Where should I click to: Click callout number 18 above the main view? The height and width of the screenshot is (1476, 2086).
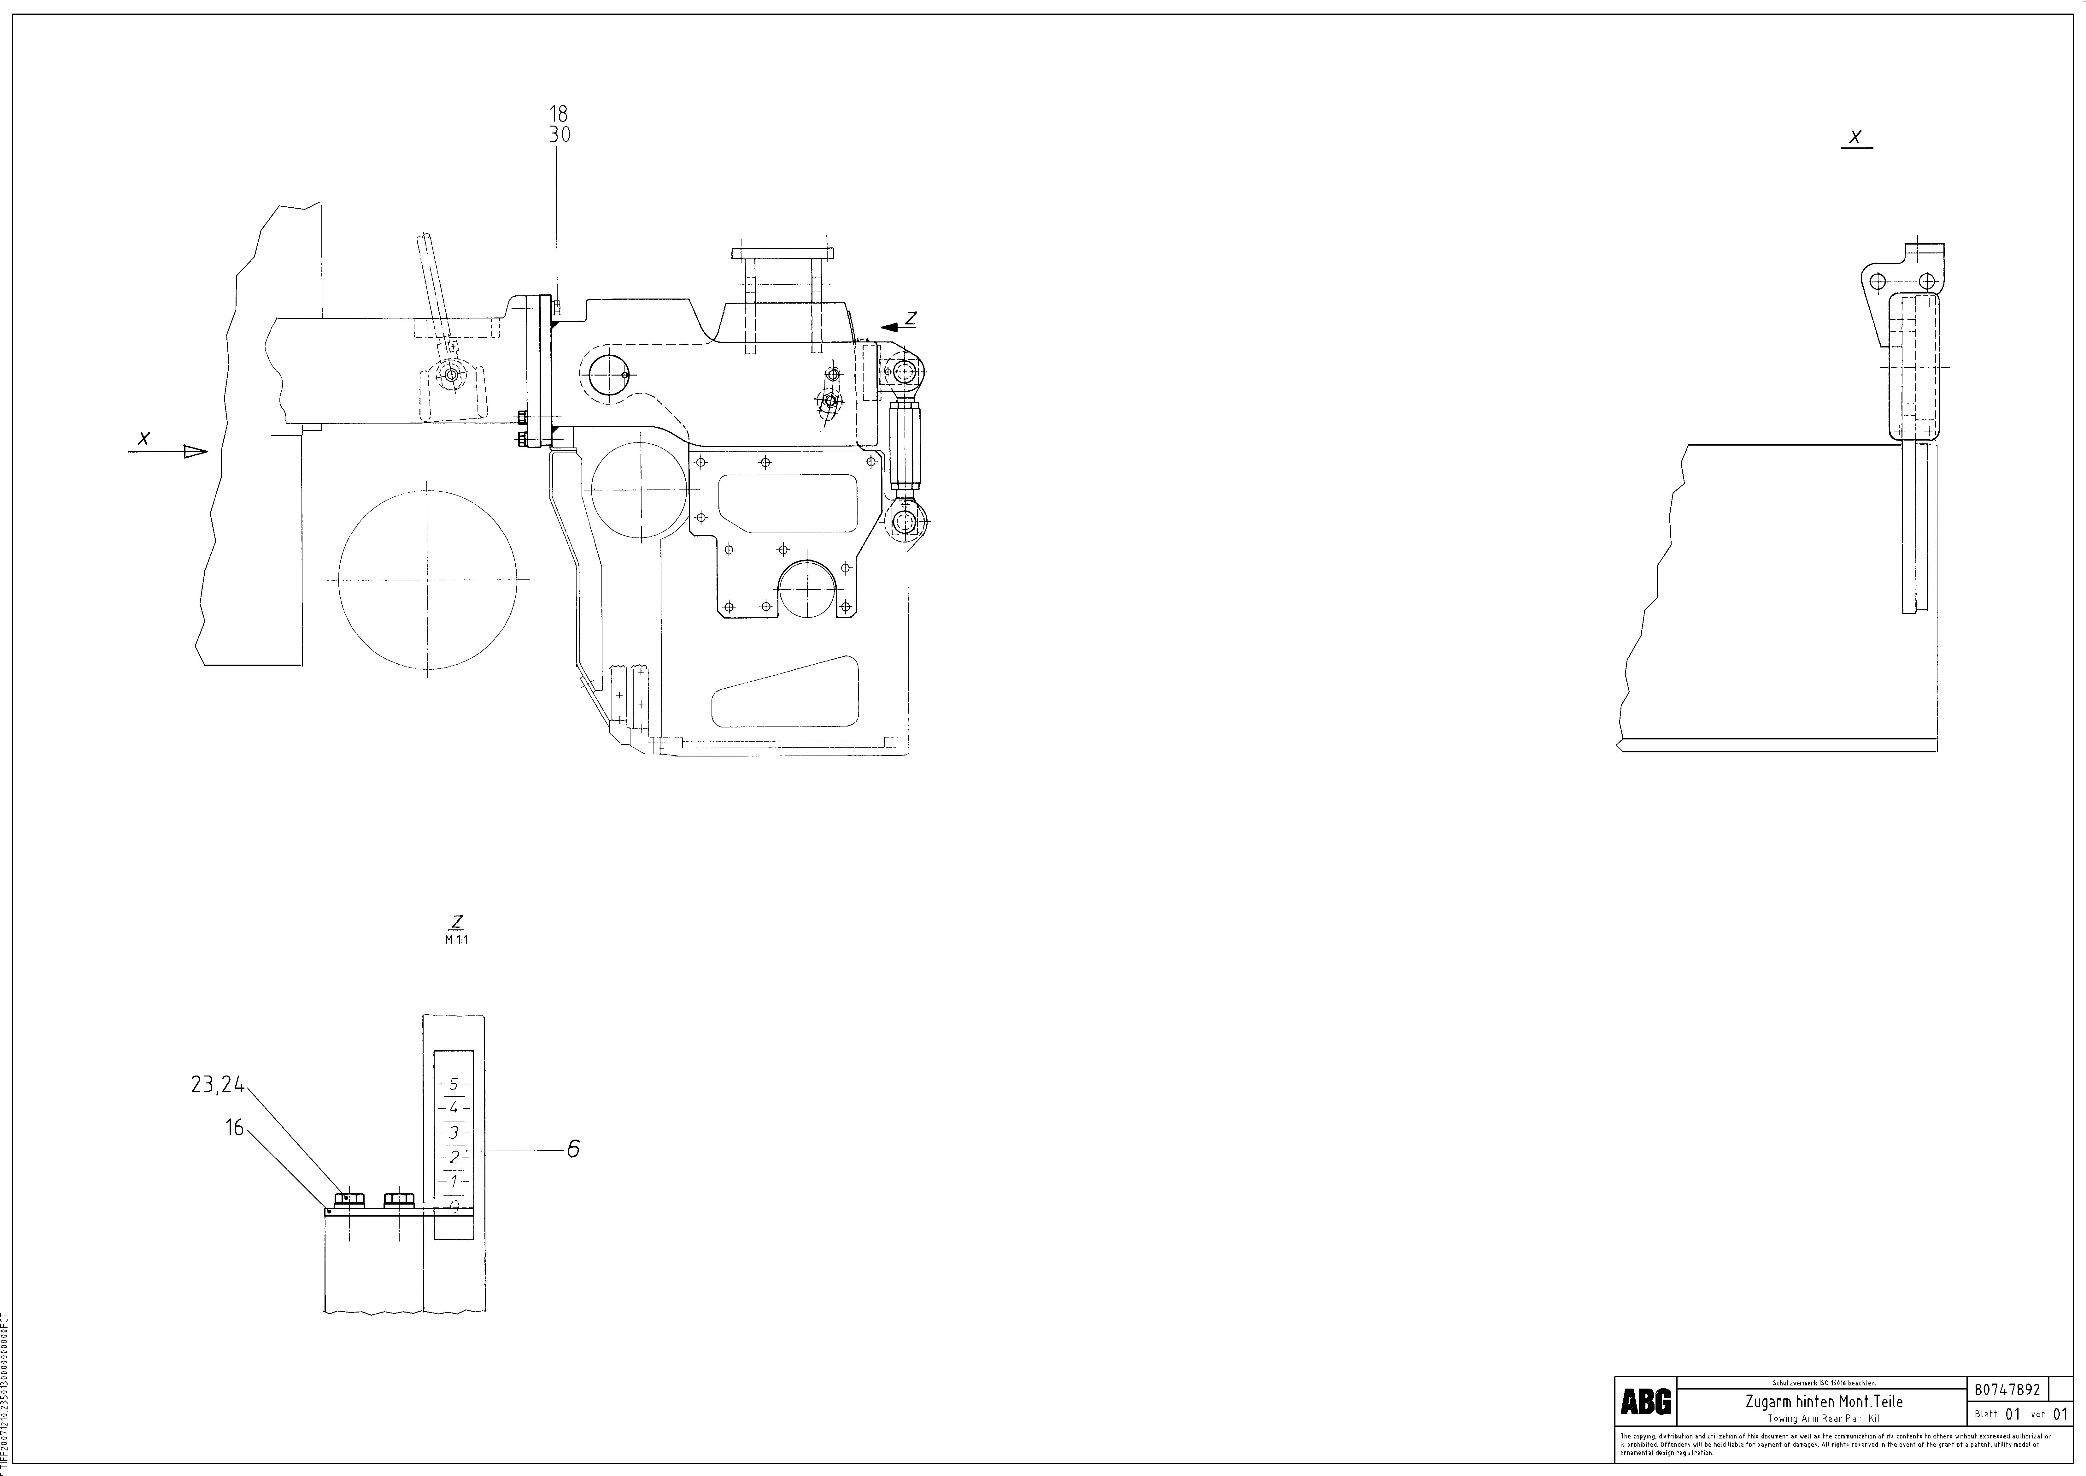pyautogui.click(x=558, y=114)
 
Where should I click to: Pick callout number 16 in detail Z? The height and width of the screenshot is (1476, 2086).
pyautogui.click(x=234, y=1128)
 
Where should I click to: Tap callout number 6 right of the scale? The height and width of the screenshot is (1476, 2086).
pyautogui.click(x=573, y=1149)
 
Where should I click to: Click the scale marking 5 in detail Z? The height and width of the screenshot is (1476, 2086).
pyautogui.click(x=453, y=1084)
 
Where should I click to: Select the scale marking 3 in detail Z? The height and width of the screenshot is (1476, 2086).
pyautogui.click(x=453, y=1132)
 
